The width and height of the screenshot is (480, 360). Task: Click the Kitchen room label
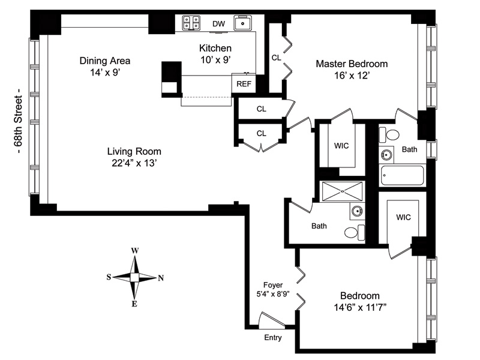(215, 48)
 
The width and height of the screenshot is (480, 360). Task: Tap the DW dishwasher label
(218, 23)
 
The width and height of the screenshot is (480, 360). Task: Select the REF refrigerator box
(244, 83)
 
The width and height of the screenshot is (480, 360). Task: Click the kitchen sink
(243, 23)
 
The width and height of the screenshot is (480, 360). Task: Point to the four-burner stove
(191, 23)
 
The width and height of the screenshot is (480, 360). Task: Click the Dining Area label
(105, 61)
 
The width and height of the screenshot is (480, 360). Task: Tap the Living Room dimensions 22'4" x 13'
(134, 163)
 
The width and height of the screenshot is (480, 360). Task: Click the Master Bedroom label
(352, 64)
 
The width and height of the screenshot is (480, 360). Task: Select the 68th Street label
(19, 121)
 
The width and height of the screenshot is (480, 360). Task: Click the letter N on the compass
(161, 278)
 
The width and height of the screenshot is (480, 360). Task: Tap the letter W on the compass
(134, 251)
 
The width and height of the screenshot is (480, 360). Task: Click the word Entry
(273, 338)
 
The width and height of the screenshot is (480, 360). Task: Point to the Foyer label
(273, 285)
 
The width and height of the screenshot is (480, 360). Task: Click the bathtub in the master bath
(402, 175)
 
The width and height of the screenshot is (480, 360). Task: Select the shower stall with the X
(342, 191)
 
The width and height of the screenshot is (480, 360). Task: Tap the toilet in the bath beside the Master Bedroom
(389, 134)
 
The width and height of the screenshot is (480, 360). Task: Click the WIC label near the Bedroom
(403, 217)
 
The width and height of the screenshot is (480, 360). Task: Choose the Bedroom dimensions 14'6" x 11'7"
(359, 307)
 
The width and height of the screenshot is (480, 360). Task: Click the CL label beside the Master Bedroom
(276, 58)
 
